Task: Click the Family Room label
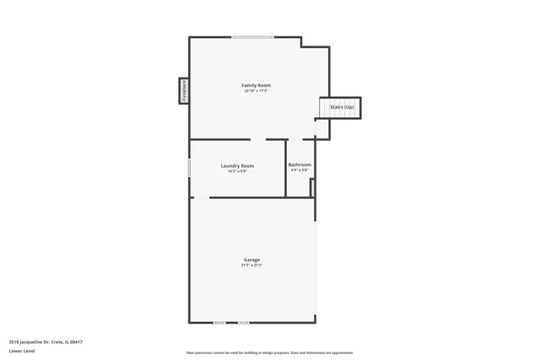[x=256, y=85]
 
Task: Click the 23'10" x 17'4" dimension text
[x=256, y=91]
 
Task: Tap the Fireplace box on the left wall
[x=183, y=91]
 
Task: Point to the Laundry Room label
[x=237, y=165]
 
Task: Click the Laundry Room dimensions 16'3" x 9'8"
[x=237, y=171]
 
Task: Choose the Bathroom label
[x=300, y=164]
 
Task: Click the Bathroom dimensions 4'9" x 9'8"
[x=300, y=170]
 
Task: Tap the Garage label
[x=251, y=259]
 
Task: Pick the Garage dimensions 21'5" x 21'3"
[x=251, y=265]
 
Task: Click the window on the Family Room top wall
[x=253, y=37]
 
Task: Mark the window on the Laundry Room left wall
[x=189, y=167]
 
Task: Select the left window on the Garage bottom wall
[x=219, y=322]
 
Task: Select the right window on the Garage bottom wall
[x=243, y=322]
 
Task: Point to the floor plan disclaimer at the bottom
[x=270, y=352]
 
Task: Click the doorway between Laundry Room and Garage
[x=201, y=197]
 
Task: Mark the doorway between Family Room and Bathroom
[x=301, y=139]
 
